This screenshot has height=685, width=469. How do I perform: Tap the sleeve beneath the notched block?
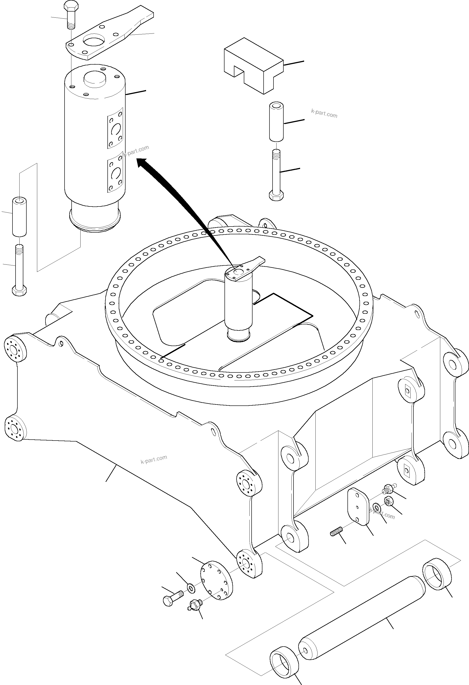point(276,121)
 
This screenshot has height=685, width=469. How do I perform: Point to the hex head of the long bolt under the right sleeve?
point(276,195)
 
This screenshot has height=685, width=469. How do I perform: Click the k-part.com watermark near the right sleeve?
point(324,113)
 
